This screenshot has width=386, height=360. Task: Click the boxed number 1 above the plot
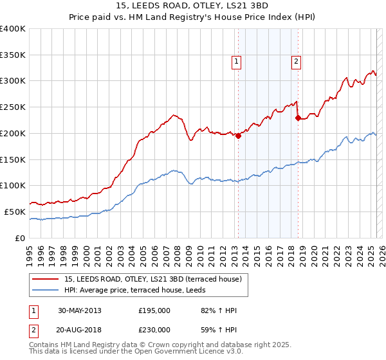coord(237,62)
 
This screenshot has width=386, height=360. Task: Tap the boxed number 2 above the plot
coord(296,62)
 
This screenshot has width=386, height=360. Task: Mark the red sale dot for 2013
coord(238,135)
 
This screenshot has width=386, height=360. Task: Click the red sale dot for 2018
coord(298,118)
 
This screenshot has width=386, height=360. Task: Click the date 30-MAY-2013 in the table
coord(84,310)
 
